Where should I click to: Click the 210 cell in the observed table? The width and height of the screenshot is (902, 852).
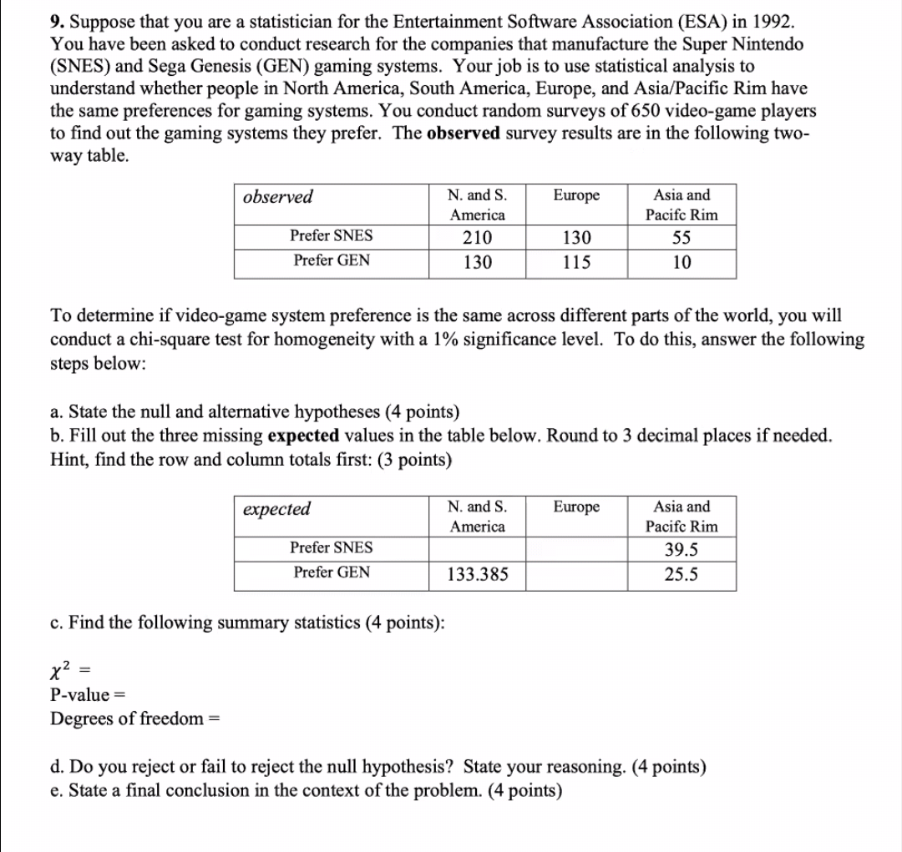478,237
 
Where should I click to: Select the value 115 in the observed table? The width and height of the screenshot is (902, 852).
576,262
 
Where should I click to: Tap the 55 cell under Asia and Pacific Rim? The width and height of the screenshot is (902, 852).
682,237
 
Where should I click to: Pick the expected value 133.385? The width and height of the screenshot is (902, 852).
478,575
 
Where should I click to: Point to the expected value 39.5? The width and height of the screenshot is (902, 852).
682,550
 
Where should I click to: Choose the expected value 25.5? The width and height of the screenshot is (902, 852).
682,575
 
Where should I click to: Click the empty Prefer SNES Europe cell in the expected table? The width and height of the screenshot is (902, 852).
576,549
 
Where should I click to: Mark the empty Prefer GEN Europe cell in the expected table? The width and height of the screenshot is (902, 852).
576,575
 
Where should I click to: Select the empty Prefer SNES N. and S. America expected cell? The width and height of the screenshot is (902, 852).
478,549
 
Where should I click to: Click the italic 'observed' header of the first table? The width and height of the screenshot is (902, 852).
278,197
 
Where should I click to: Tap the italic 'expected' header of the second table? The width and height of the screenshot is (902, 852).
276,509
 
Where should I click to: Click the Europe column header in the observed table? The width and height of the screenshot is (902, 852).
576,196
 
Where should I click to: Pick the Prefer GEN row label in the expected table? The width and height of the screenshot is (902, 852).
332,572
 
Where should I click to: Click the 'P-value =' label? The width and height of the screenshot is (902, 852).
84,695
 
